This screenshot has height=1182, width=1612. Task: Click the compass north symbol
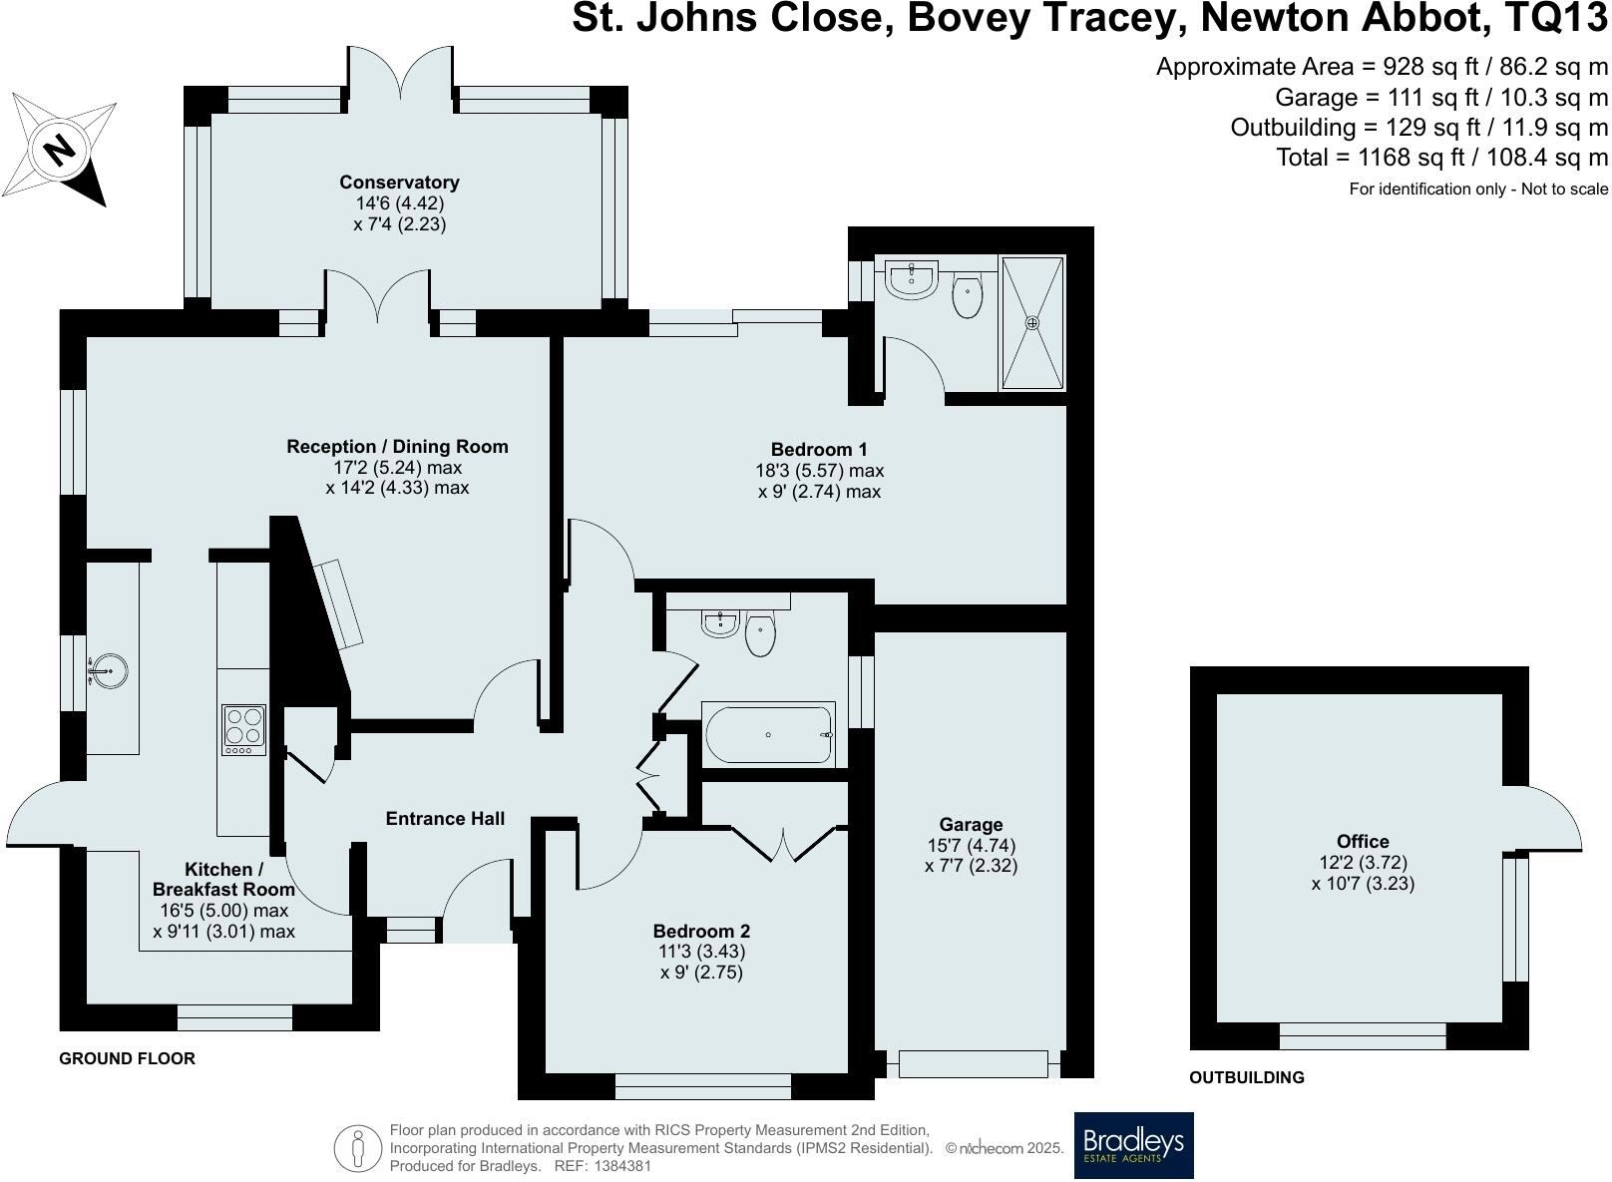point(59,150)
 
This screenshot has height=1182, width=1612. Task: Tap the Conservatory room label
point(399,182)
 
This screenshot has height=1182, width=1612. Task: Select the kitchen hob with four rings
point(244,729)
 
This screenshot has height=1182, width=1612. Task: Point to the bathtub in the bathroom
point(768,734)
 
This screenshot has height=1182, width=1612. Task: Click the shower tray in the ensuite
point(1032,323)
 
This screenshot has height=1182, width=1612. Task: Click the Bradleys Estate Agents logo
point(1133,1144)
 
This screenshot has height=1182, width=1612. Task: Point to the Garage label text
point(971,825)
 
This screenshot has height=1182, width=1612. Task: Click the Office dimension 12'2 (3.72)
point(1363,862)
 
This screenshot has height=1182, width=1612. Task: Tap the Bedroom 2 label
point(701,931)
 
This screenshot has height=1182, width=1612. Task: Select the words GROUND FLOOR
point(128,1058)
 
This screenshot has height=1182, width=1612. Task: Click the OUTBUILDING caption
point(1247,1077)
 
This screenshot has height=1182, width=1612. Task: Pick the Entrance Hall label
point(446,818)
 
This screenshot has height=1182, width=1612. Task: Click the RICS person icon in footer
point(357,1148)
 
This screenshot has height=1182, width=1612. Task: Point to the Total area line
point(1441,157)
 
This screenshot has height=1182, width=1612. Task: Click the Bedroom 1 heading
point(819,450)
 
